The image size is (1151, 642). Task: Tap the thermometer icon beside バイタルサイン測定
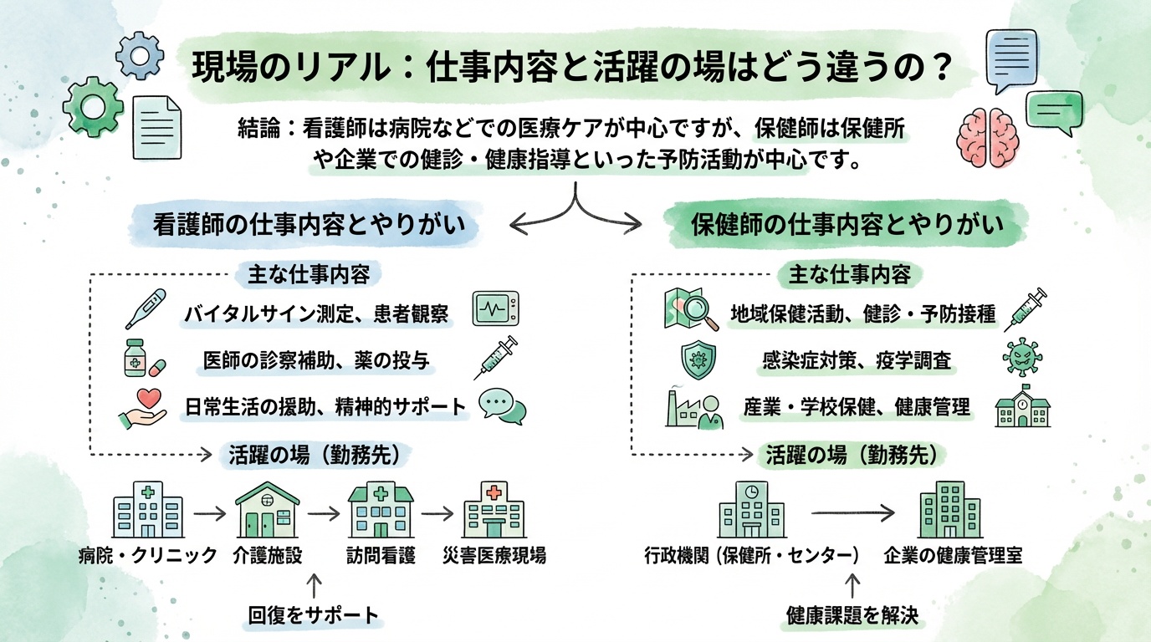click(146, 308)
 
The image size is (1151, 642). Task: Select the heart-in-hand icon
click(142, 408)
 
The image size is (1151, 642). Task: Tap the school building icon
click(1021, 407)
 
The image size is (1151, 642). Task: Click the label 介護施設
click(268, 555)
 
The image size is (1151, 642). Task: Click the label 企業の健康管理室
click(952, 555)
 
